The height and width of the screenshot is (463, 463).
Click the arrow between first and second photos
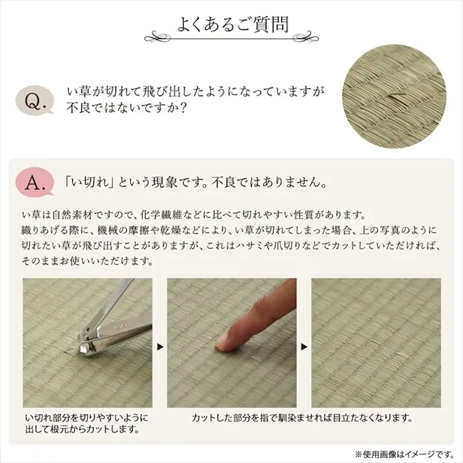pos(160,347)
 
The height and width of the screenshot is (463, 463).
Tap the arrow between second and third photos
pos(304,347)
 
